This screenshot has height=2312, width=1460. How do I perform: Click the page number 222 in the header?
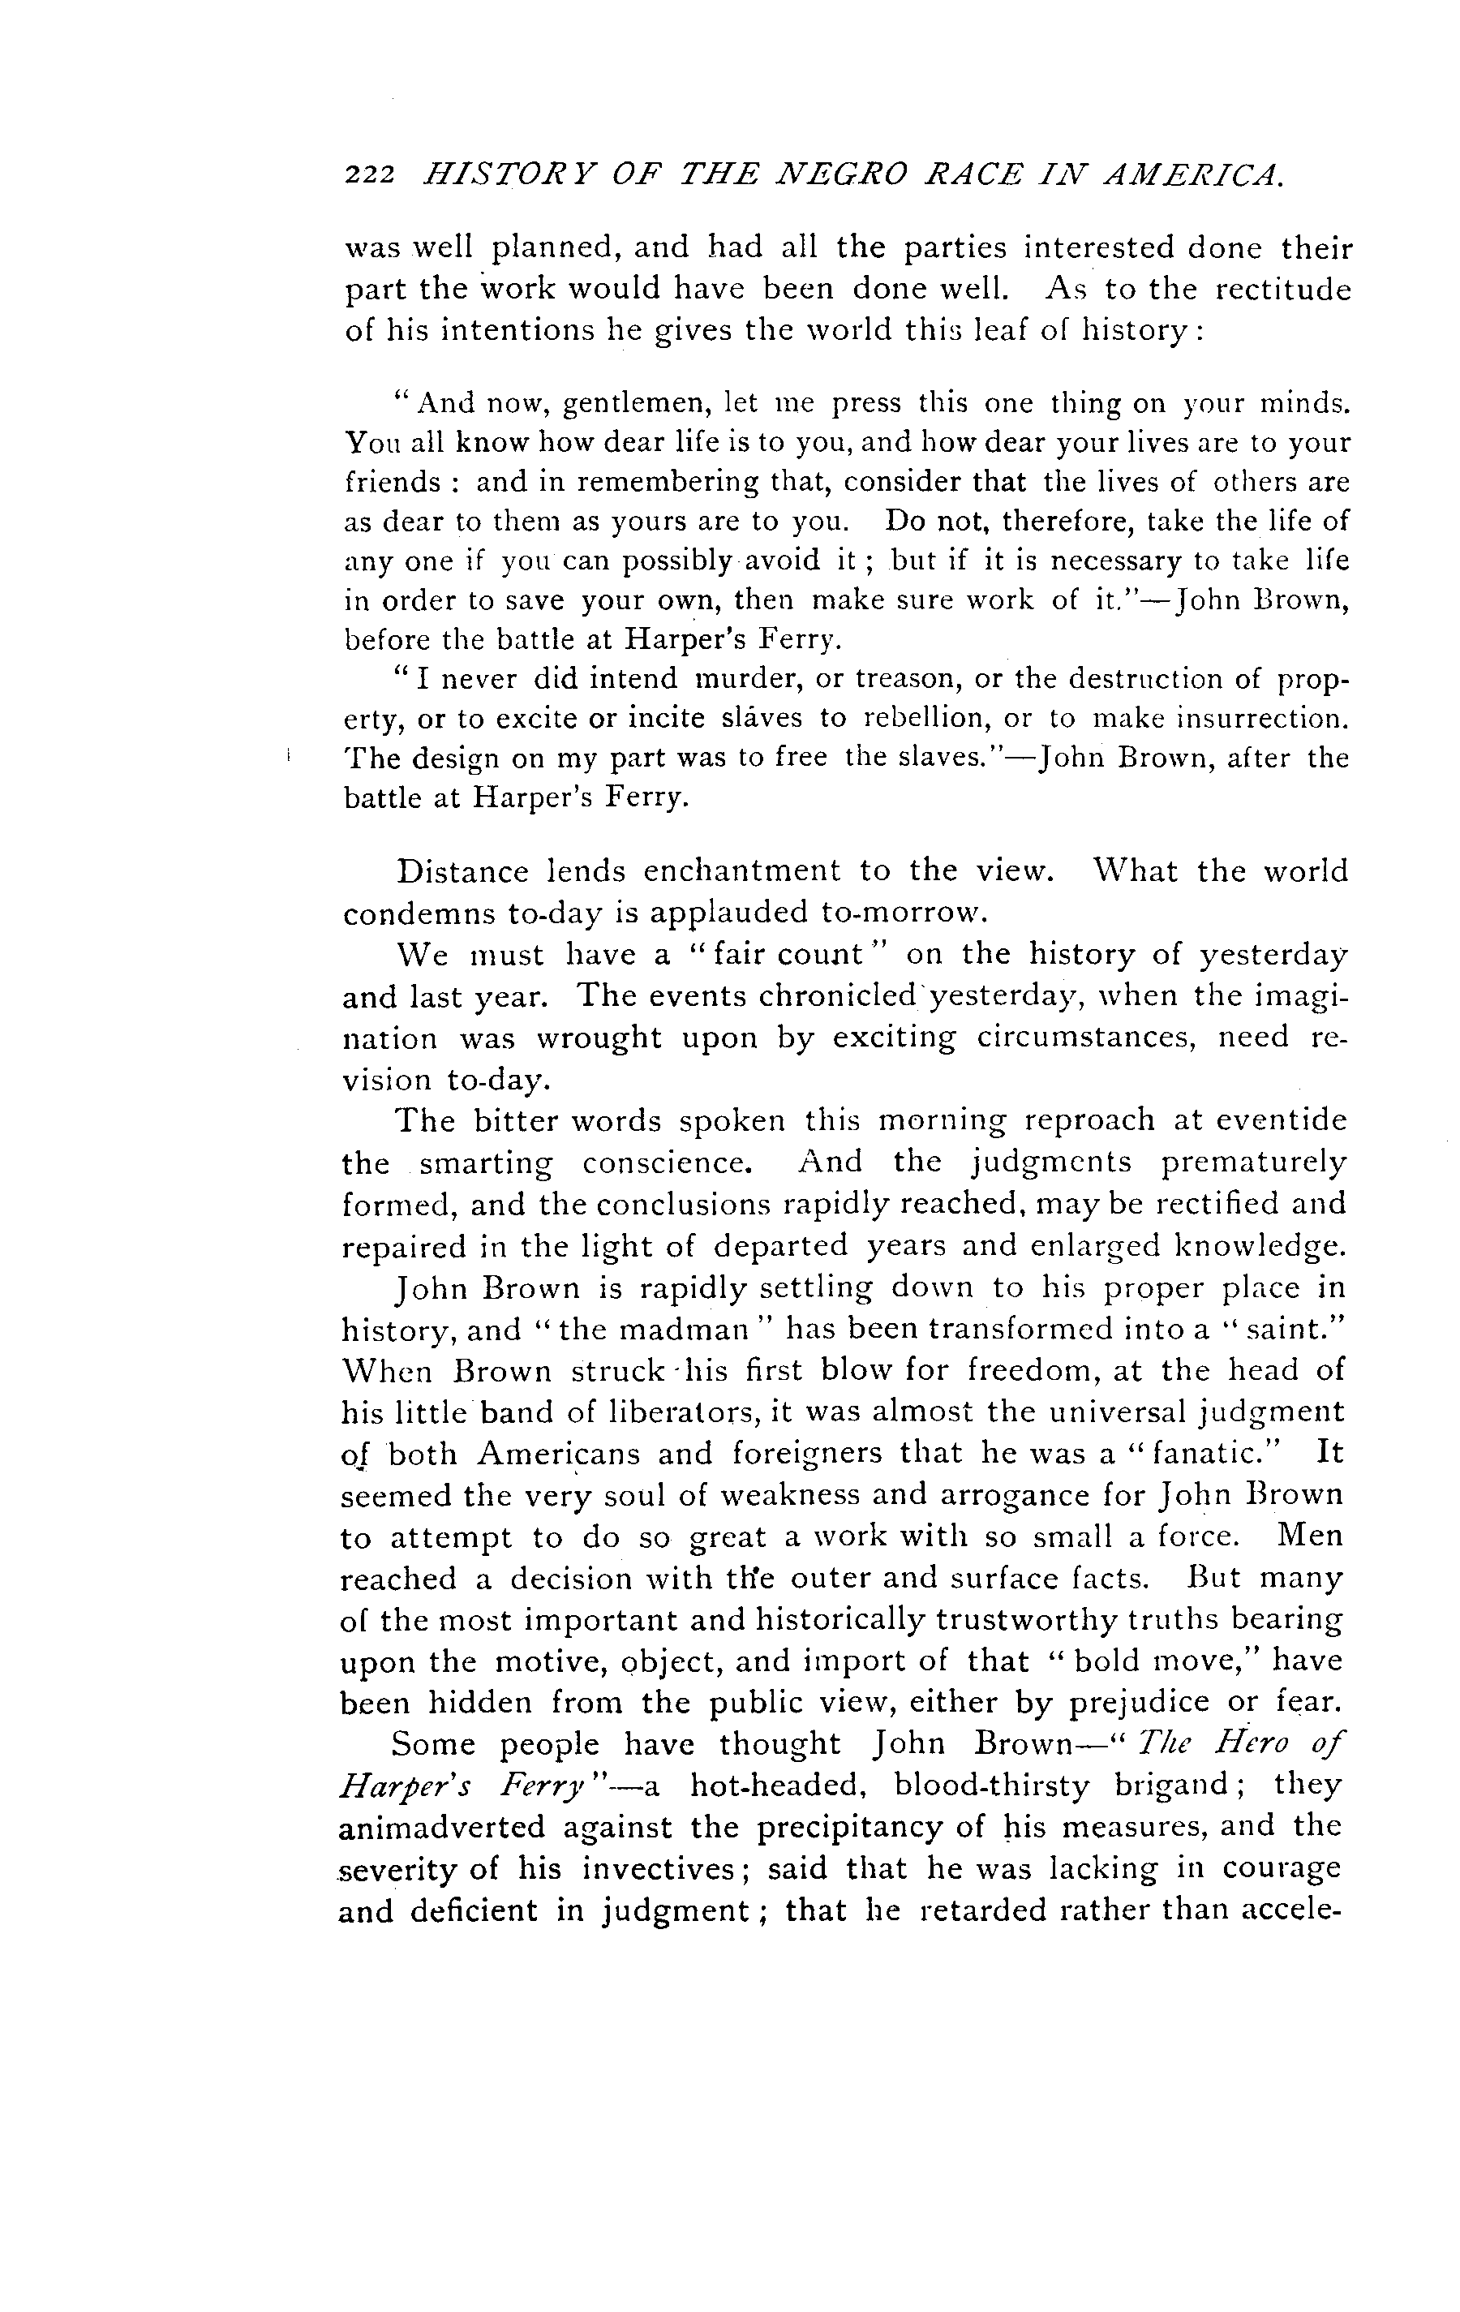pos(370,174)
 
